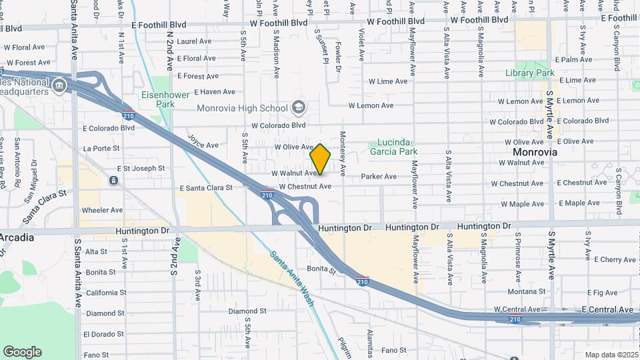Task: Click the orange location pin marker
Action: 320,159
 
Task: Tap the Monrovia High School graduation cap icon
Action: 299,108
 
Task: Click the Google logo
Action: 22,352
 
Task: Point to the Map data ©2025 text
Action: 611,355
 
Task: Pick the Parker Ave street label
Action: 379,177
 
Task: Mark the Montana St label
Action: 527,291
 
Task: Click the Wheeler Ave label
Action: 102,210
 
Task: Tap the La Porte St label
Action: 102,148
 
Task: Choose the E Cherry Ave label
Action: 614,259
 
